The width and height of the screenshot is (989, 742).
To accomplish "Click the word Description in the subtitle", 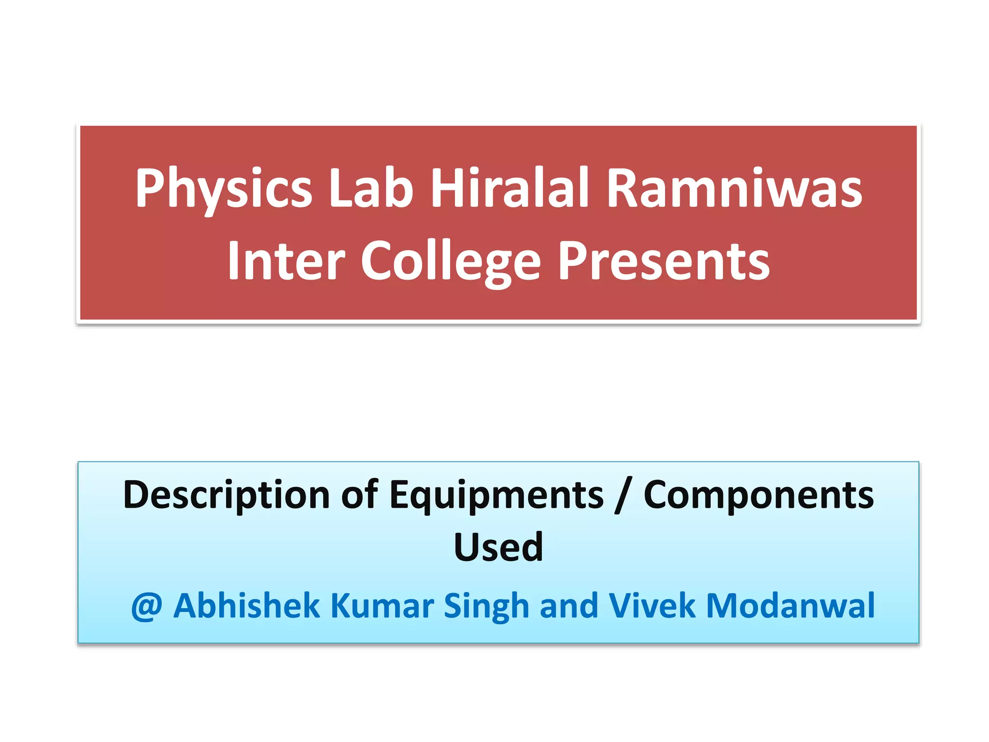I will tap(226, 496).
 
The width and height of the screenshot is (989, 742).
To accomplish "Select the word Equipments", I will tap(496, 496).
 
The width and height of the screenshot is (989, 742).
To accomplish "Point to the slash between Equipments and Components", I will tap(623, 496).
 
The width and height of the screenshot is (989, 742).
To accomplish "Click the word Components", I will tap(759, 496).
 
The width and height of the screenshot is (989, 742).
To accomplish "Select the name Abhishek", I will tap(246, 606).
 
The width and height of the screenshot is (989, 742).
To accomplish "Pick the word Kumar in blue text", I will tap(382, 606).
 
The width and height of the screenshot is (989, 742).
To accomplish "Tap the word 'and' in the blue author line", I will tap(569, 606).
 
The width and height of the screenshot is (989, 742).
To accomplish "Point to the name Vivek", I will tap(652, 606).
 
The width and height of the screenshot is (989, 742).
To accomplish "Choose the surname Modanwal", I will tap(790, 606).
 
